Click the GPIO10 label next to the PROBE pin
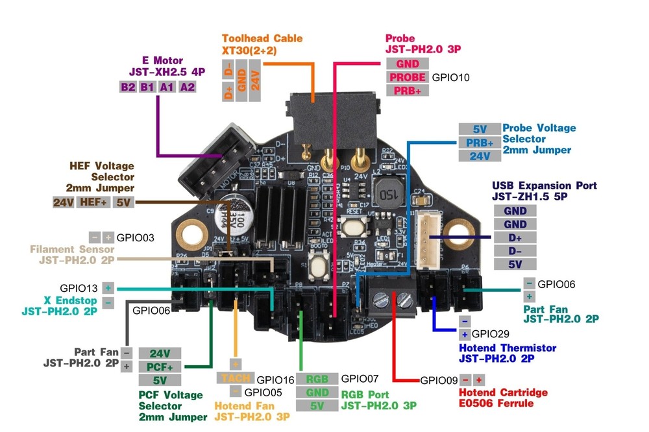coord(451,77)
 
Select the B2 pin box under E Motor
coord(128,86)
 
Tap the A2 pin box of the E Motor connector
coord(187,86)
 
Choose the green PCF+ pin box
coord(159,366)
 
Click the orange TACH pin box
coord(235,379)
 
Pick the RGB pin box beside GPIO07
coord(317,379)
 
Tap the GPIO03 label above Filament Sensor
coord(135,237)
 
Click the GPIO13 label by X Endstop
coord(79,287)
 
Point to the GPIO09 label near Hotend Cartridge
coord(439,380)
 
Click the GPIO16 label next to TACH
coord(275,379)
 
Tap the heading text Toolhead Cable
coord(262,38)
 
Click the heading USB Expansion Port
coord(544,186)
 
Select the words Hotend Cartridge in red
coord(503,392)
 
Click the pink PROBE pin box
coord(408,77)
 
